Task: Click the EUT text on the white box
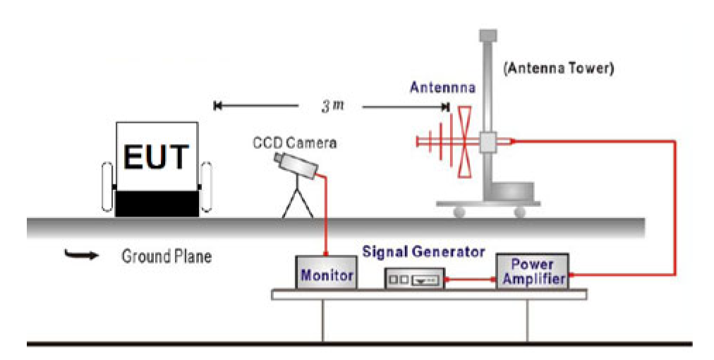(x=157, y=157)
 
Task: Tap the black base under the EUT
(x=157, y=203)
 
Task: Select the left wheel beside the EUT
(x=107, y=187)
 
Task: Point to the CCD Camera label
(x=295, y=143)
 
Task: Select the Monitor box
(x=326, y=273)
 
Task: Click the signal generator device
(x=415, y=279)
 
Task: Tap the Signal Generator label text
(x=423, y=251)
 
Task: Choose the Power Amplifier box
(x=532, y=271)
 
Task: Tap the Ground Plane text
(x=166, y=256)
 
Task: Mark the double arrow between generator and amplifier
(x=471, y=280)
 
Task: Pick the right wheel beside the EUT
(x=206, y=187)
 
